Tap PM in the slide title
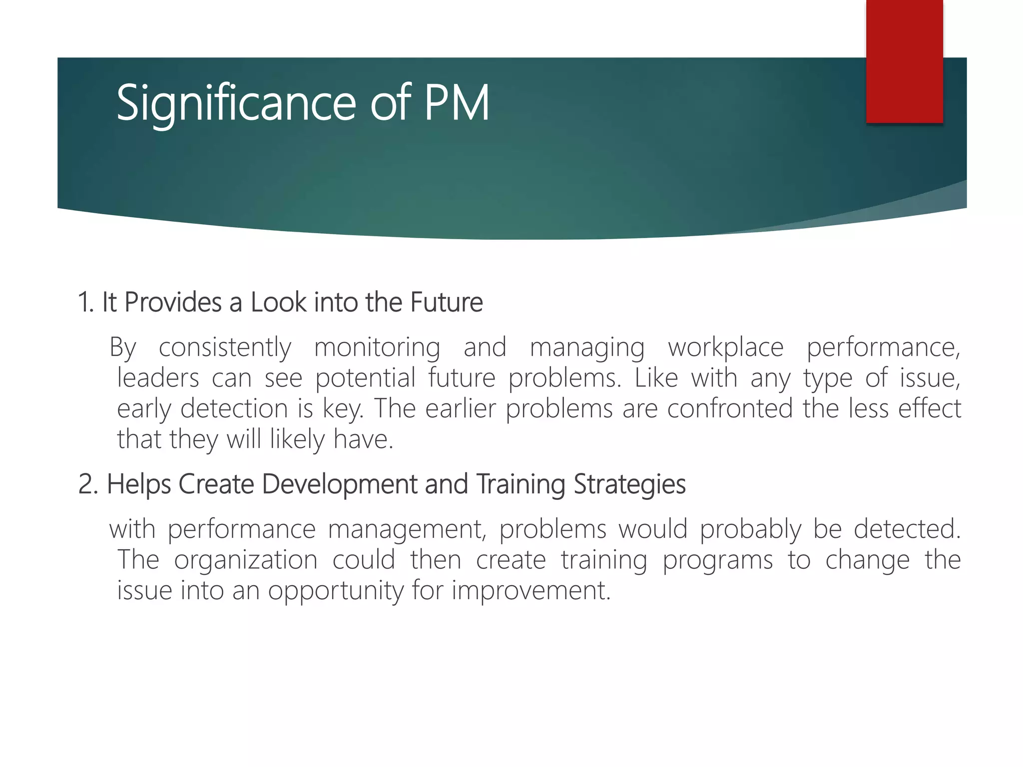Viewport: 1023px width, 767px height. tap(457, 103)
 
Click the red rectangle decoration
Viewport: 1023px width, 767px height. tap(904, 61)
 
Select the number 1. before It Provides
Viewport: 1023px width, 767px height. tap(86, 303)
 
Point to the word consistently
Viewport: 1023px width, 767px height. tap(225, 348)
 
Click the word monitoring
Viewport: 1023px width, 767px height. tap(377, 348)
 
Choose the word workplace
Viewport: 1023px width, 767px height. tap(726, 348)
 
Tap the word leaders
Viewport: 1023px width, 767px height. tap(158, 378)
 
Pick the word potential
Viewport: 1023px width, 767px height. tap(365, 378)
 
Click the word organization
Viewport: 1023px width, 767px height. tap(246, 560)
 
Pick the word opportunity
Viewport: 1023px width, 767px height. tap(335, 591)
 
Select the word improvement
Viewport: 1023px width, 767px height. tap(531, 591)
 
